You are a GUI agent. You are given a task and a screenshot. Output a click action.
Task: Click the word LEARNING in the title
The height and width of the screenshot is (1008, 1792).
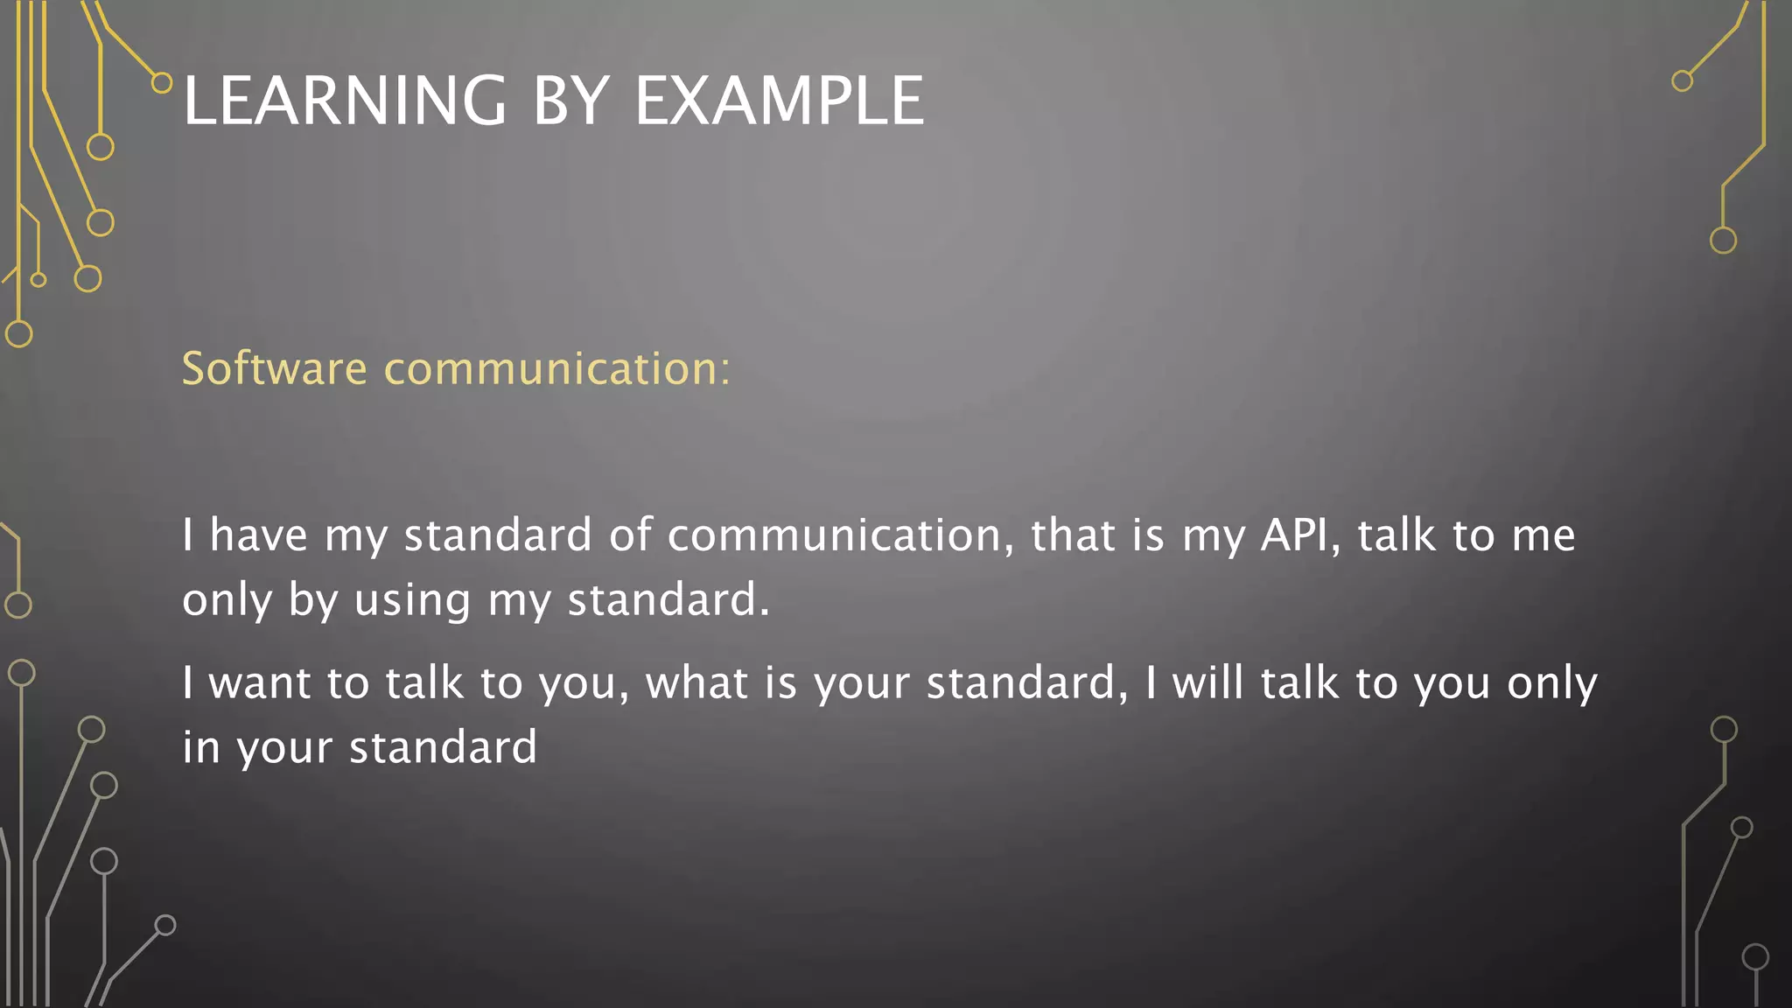(x=345, y=101)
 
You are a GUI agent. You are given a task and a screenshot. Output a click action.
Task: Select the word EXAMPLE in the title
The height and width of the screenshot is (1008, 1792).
(x=779, y=101)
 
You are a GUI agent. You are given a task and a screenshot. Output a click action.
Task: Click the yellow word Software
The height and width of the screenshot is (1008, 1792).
(x=274, y=368)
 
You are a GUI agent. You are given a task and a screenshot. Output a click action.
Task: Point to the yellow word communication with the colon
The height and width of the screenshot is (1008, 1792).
(x=557, y=368)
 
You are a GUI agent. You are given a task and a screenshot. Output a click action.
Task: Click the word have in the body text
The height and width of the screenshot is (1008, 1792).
(x=259, y=535)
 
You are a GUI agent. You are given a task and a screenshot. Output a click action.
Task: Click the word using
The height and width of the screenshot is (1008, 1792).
(x=412, y=601)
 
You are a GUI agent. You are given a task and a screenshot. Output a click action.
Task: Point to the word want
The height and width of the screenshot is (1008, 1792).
(x=259, y=682)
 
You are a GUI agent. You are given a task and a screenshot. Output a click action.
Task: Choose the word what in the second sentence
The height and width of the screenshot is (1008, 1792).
(x=696, y=682)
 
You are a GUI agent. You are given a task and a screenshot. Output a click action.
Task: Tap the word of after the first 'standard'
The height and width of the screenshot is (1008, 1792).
(x=631, y=535)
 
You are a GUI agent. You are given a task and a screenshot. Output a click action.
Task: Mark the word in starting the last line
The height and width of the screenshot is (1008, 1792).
(x=200, y=748)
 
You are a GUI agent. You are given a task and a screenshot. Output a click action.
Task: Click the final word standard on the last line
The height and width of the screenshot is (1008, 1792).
(x=443, y=748)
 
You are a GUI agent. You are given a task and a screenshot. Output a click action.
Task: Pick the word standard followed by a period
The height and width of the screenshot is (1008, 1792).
(x=668, y=601)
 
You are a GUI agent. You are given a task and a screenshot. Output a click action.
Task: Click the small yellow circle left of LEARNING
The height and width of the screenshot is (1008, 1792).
(x=162, y=83)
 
